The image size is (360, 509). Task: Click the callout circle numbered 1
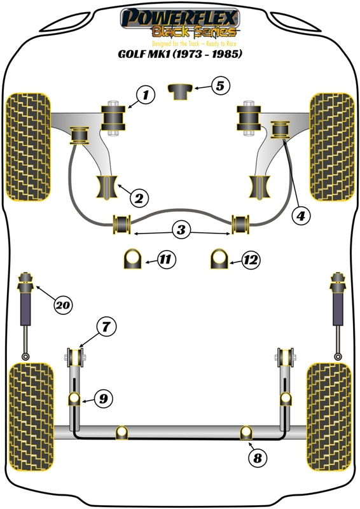(146, 96)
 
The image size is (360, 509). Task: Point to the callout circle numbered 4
(301, 216)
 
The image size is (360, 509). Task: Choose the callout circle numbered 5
(219, 85)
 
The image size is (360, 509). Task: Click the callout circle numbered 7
(106, 328)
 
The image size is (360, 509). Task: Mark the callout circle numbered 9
(101, 399)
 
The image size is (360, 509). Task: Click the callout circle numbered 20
(62, 305)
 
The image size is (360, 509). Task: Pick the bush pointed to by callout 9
(74, 399)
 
